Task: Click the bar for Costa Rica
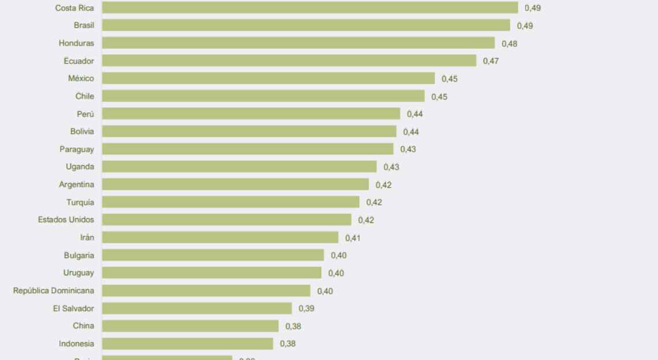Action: (310, 7)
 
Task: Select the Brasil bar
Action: (306, 25)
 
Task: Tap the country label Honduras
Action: (76, 43)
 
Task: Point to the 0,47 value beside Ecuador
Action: (491, 61)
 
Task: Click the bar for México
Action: (268, 78)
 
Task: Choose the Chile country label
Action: (84, 96)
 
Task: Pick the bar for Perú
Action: (251, 114)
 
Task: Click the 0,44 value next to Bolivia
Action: (411, 132)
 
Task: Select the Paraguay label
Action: (77, 149)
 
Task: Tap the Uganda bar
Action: (240, 167)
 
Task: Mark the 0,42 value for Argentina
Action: (383, 185)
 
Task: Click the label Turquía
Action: (80, 202)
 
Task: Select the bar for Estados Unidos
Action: (227, 220)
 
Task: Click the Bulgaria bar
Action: (213, 255)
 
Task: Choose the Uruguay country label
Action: (78, 273)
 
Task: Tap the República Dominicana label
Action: (54, 291)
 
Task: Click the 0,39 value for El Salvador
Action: (306, 309)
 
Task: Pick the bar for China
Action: (190, 326)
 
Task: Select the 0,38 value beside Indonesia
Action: (288, 344)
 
